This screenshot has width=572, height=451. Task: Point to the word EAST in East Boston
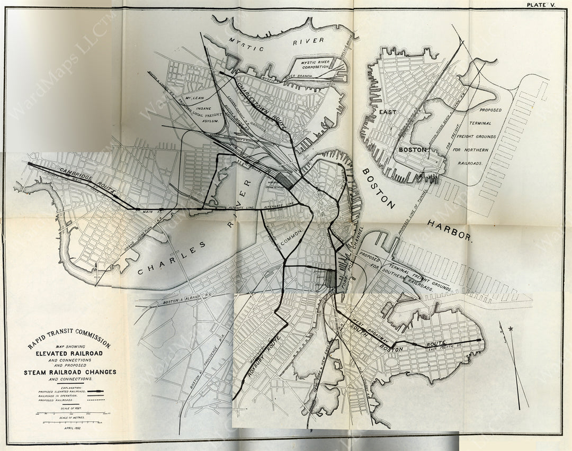(388, 112)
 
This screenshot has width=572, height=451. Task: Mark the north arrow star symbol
(511, 329)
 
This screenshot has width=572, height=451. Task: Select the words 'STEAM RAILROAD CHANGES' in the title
(69, 372)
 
